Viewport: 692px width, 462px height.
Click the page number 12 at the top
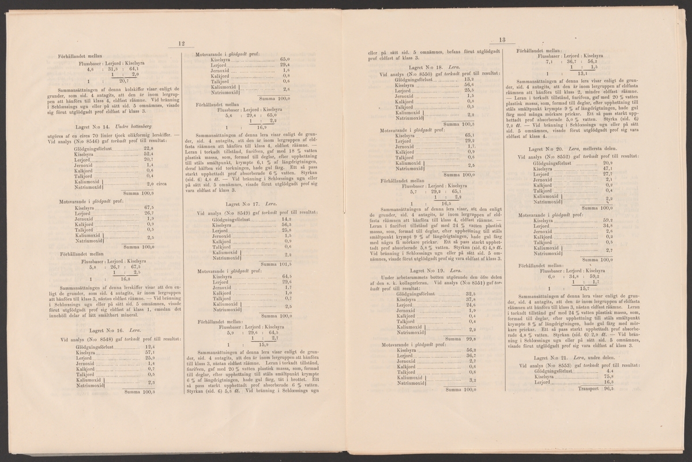click(180, 43)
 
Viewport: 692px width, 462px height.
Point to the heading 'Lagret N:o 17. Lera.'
click(238, 204)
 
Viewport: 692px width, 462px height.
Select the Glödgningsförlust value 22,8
click(148, 148)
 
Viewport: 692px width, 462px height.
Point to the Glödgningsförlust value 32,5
click(469, 294)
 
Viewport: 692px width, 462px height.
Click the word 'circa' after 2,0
click(161, 185)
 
